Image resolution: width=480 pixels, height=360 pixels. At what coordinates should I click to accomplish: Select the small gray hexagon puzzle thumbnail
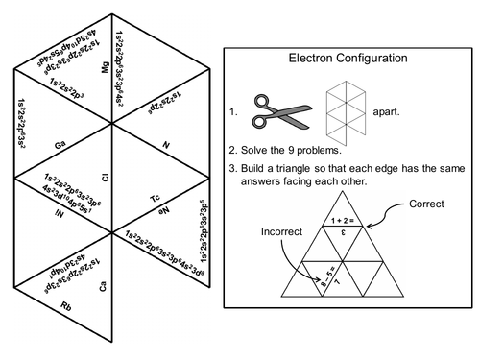pos(343,109)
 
